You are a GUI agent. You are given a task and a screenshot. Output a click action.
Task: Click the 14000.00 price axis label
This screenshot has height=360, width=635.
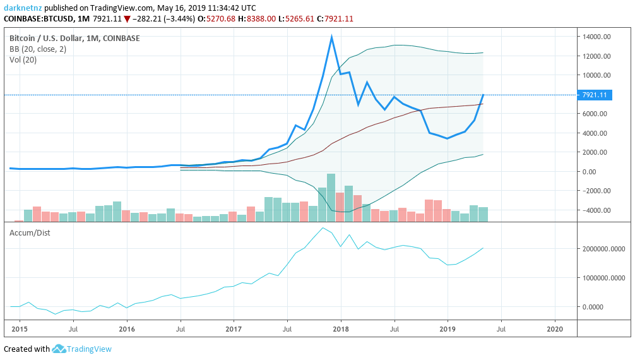[x=597, y=37]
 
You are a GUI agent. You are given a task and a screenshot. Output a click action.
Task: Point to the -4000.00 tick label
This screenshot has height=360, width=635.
[x=597, y=210]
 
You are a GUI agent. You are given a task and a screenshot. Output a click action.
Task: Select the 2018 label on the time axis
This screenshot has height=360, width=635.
[x=341, y=329]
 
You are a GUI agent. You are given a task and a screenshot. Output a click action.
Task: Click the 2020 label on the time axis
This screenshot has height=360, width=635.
[x=555, y=329]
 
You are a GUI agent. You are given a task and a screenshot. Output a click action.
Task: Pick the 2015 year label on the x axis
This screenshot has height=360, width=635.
[x=20, y=329]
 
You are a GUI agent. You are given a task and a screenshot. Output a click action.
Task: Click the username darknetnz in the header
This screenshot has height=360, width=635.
[x=22, y=8]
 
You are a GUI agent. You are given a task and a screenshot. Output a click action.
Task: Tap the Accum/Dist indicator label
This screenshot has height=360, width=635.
[x=30, y=232]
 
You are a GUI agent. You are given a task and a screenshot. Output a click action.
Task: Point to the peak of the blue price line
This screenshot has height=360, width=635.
[x=331, y=37]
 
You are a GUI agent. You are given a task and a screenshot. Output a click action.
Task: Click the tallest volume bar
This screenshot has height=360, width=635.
[x=331, y=196]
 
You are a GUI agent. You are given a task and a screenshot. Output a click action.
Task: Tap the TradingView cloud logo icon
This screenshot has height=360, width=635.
[x=59, y=349]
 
